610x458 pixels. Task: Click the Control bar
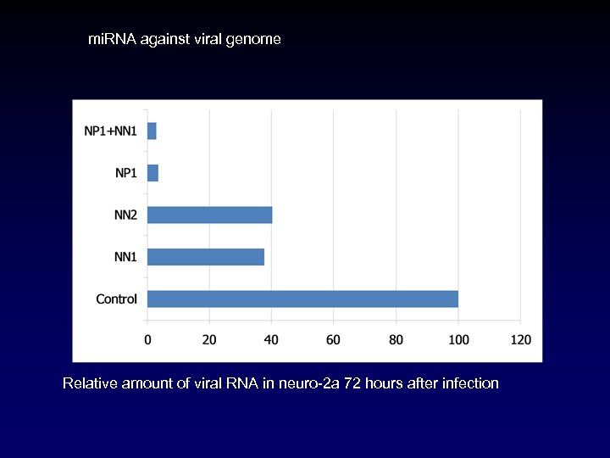[302, 299]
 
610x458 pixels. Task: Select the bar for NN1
[206, 257]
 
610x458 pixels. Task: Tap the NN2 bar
[209, 215]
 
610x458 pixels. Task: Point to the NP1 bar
[152, 173]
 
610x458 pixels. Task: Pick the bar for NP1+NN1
[152, 131]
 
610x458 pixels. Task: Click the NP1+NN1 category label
[110, 131]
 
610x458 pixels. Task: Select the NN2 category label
[125, 215]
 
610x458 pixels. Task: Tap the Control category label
[116, 299]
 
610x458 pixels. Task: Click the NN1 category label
[125, 257]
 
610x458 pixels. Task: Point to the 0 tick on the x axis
[147, 340]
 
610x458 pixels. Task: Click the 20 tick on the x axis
[209, 340]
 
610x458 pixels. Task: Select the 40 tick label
[271, 340]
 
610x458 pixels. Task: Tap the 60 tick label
[334, 340]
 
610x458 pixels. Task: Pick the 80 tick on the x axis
[396, 340]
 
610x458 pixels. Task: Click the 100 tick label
[457, 340]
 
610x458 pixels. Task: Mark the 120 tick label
[520, 340]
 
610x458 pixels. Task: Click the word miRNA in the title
[109, 39]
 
